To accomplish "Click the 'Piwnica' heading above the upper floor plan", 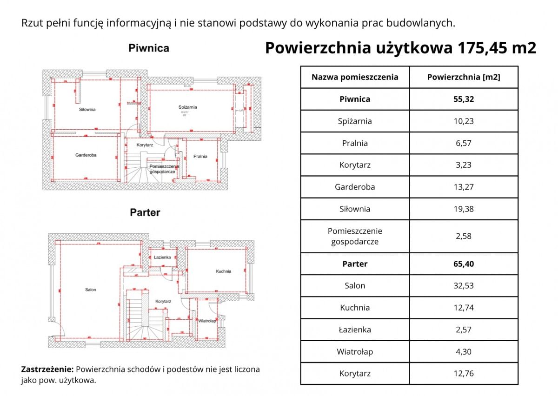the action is [149, 48].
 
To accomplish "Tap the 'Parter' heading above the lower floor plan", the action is [145, 212].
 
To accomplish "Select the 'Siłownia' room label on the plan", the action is [87, 110].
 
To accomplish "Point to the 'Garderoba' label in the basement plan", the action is [86, 155].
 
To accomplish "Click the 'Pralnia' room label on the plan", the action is [200, 157].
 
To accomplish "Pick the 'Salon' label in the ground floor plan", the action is [91, 290].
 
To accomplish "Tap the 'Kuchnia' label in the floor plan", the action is [223, 271].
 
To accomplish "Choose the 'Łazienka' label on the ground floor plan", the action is [162, 257].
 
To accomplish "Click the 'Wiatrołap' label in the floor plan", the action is [206, 321].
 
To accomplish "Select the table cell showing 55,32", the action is [464, 99].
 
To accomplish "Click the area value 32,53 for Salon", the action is [464, 286].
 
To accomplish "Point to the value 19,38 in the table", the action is [464, 209].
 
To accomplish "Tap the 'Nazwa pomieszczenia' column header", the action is [355, 77].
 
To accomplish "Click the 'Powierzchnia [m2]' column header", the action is [464, 77].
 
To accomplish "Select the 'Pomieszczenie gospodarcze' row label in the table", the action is [355, 236].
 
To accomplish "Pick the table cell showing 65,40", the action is [464, 264].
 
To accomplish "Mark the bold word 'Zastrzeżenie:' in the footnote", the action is [47, 370].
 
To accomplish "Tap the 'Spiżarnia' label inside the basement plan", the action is [187, 107].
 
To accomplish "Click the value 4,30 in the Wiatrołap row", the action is [464, 352].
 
